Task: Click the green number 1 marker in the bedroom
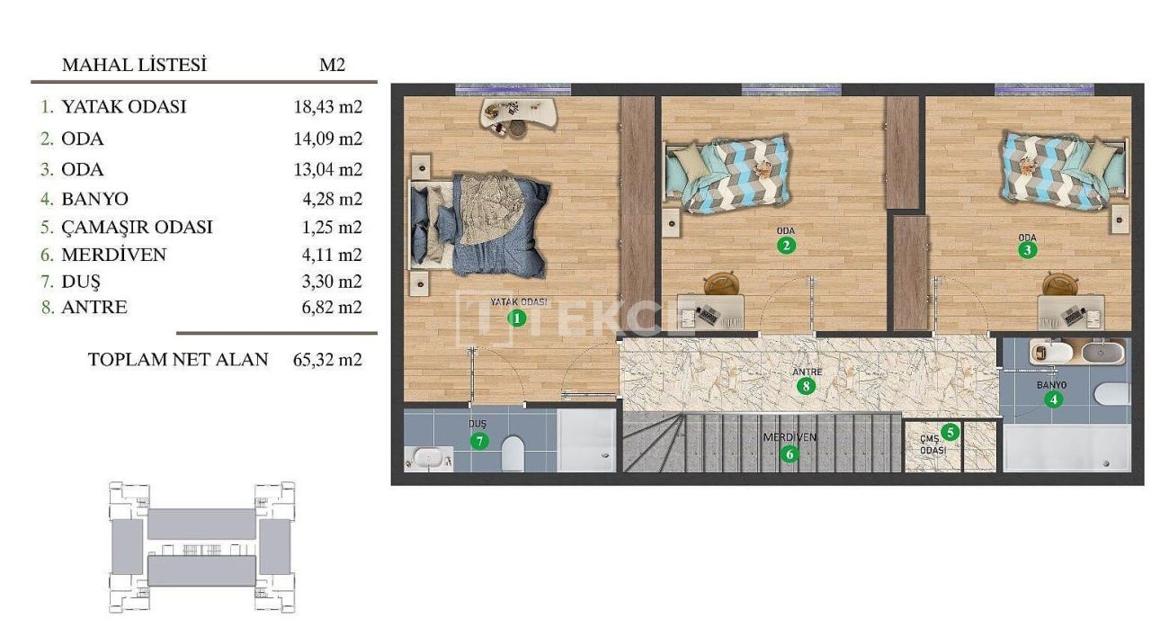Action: pos(516,317)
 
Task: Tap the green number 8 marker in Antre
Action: pos(806,387)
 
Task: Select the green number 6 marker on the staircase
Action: pos(790,453)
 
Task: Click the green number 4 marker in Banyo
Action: pos(1053,400)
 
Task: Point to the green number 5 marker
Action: pos(950,432)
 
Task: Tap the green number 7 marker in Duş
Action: pos(479,440)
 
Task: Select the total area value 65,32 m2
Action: pos(327,360)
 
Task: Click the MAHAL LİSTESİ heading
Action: pos(134,65)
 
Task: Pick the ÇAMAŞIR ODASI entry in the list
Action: pos(137,227)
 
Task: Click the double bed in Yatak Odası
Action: pos(480,224)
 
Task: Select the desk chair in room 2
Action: pos(719,284)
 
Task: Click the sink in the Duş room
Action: pos(429,458)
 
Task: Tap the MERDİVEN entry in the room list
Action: pos(113,255)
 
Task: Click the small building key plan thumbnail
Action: pos(201,546)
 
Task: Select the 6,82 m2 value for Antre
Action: pos(327,308)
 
